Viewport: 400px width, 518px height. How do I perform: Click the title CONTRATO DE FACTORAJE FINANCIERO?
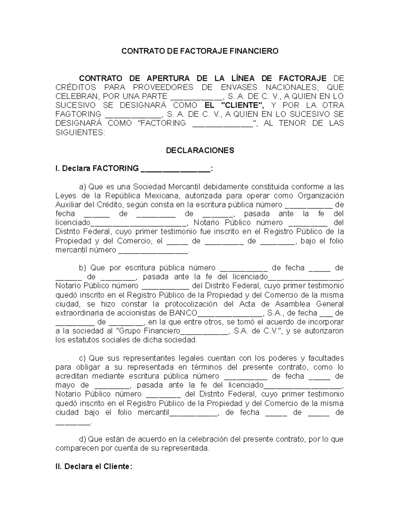(x=199, y=51)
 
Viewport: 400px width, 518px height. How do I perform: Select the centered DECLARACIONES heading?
(x=200, y=150)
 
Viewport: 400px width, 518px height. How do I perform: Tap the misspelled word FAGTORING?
(x=78, y=114)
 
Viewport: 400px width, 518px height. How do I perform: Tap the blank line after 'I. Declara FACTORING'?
(x=176, y=169)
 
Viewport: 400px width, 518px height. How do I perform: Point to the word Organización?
(x=320, y=195)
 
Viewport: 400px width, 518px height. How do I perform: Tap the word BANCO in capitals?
(x=183, y=313)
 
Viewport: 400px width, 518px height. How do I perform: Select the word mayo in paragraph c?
(x=64, y=385)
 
